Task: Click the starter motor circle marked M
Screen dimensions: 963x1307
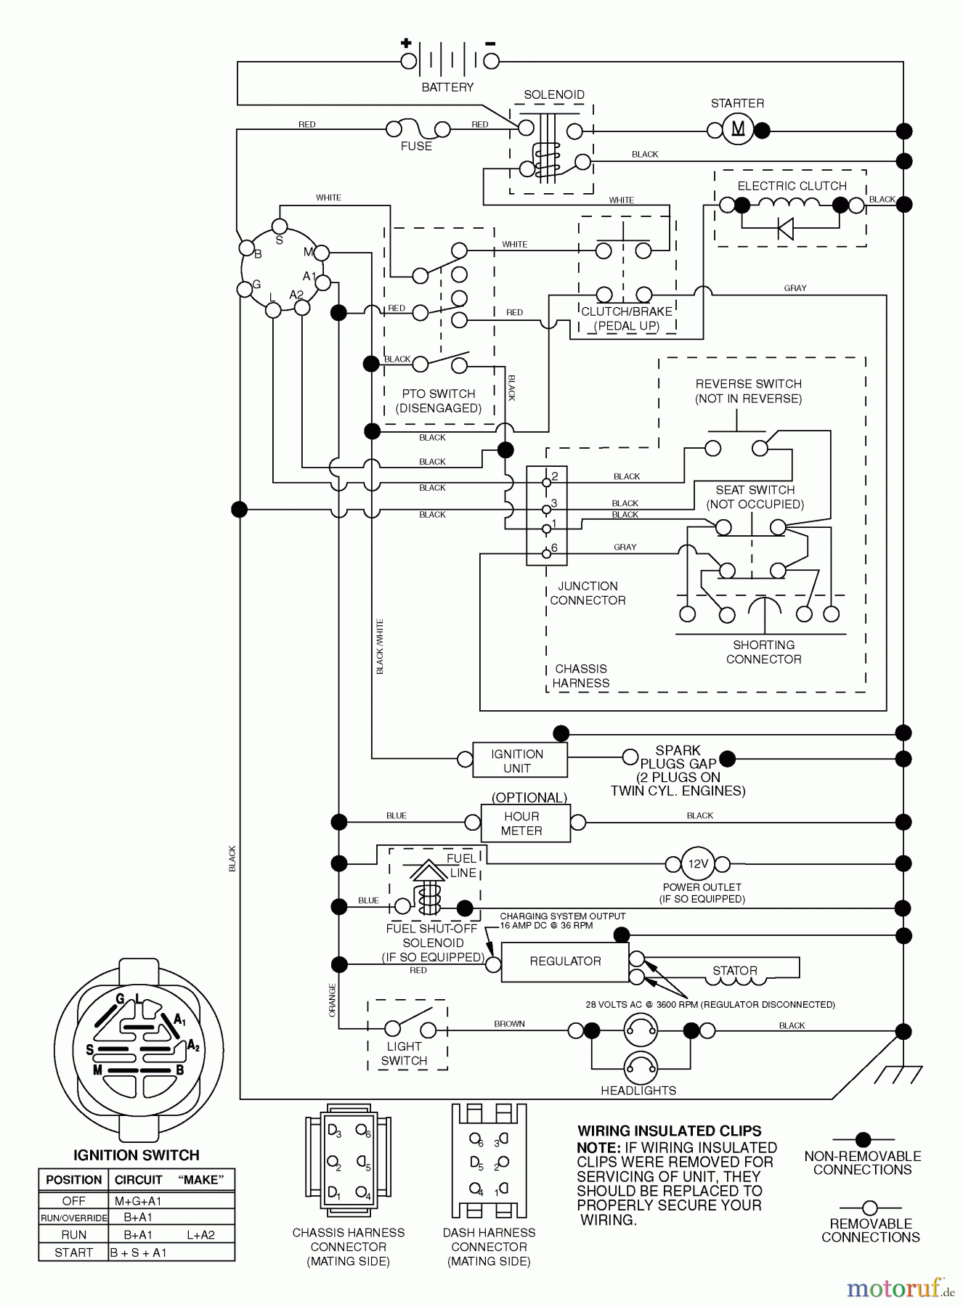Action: pos(737,130)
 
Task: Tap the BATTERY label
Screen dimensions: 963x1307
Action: pos(447,87)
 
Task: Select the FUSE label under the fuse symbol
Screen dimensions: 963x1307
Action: pos(416,146)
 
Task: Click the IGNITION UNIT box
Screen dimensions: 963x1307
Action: pos(519,760)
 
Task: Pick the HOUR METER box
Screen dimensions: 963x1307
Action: pos(525,823)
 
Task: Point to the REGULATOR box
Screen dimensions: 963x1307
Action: pos(565,961)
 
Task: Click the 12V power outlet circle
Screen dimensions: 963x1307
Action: pos(697,863)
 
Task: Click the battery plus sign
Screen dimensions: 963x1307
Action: pos(406,43)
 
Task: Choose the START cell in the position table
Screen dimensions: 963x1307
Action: pos(73,1253)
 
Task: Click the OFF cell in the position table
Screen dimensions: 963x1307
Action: pos(73,1201)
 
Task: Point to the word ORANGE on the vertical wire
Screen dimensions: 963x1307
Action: pos(333,1000)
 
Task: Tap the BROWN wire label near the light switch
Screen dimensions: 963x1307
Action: pos(509,1024)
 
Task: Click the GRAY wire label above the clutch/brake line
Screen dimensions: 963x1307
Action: pos(795,288)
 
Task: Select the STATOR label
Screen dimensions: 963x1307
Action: pos(734,971)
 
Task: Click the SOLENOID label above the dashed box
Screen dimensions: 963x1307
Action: pos(554,94)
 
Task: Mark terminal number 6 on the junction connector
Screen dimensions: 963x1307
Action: pos(547,553)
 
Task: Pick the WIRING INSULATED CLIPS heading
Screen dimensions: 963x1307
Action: pos(670,1131)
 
